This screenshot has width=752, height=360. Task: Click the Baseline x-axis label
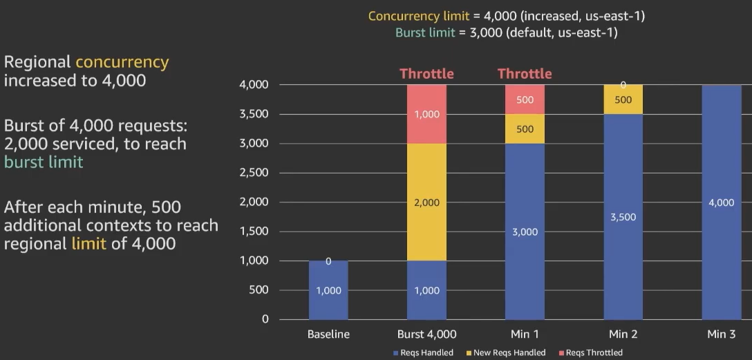[x=328, y=334]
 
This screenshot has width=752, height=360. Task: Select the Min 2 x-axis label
[x=623, y=334]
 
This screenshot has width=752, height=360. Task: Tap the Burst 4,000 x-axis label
[x=426, y=334]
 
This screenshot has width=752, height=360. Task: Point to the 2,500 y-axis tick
[x=254, y=173]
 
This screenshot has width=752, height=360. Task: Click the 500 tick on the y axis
[x=260, y=290]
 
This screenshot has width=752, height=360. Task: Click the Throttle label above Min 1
[x=525, y=73]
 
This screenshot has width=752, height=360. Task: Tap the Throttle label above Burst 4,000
[x=426, y=73]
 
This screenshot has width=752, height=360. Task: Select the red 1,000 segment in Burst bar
[x=426, y=115]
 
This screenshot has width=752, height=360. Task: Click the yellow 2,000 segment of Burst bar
[x=426, y=202]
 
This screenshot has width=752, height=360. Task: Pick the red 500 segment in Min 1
[x=525, y=100]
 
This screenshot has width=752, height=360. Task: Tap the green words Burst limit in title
[x=425, y=32]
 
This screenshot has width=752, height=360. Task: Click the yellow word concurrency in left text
[x=122, y=62]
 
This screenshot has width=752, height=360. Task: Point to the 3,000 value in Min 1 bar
[x=525, y=232]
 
